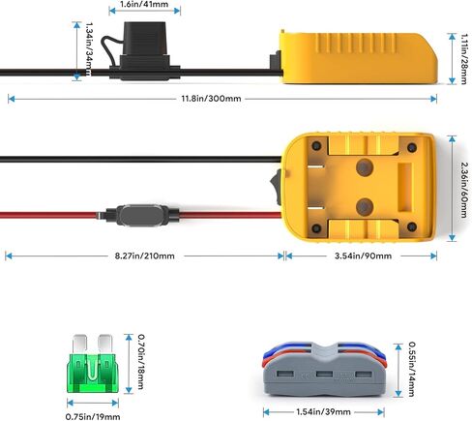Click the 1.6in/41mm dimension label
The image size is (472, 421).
(144, 5)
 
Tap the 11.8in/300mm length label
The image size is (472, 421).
(211, 99)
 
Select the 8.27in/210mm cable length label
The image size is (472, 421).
(145, 256)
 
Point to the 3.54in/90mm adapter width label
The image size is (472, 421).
(363, 256)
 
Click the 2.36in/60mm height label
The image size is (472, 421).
(463, 190)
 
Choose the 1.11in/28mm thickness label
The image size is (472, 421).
(463, 59)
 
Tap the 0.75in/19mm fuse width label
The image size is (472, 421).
(93, 416)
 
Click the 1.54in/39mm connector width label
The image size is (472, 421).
(323, 411)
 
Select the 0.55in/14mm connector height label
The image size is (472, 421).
(412, 369)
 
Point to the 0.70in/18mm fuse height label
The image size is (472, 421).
(141, 361)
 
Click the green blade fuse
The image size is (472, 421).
(93, 364)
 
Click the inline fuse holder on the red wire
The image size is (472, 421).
(141, 215)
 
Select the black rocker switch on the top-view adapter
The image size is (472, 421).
(277, 188)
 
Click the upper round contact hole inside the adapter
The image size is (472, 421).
(365, 167)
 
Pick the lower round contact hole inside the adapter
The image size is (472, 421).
(365, 207)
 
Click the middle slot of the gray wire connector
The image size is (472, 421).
(324, 375)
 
